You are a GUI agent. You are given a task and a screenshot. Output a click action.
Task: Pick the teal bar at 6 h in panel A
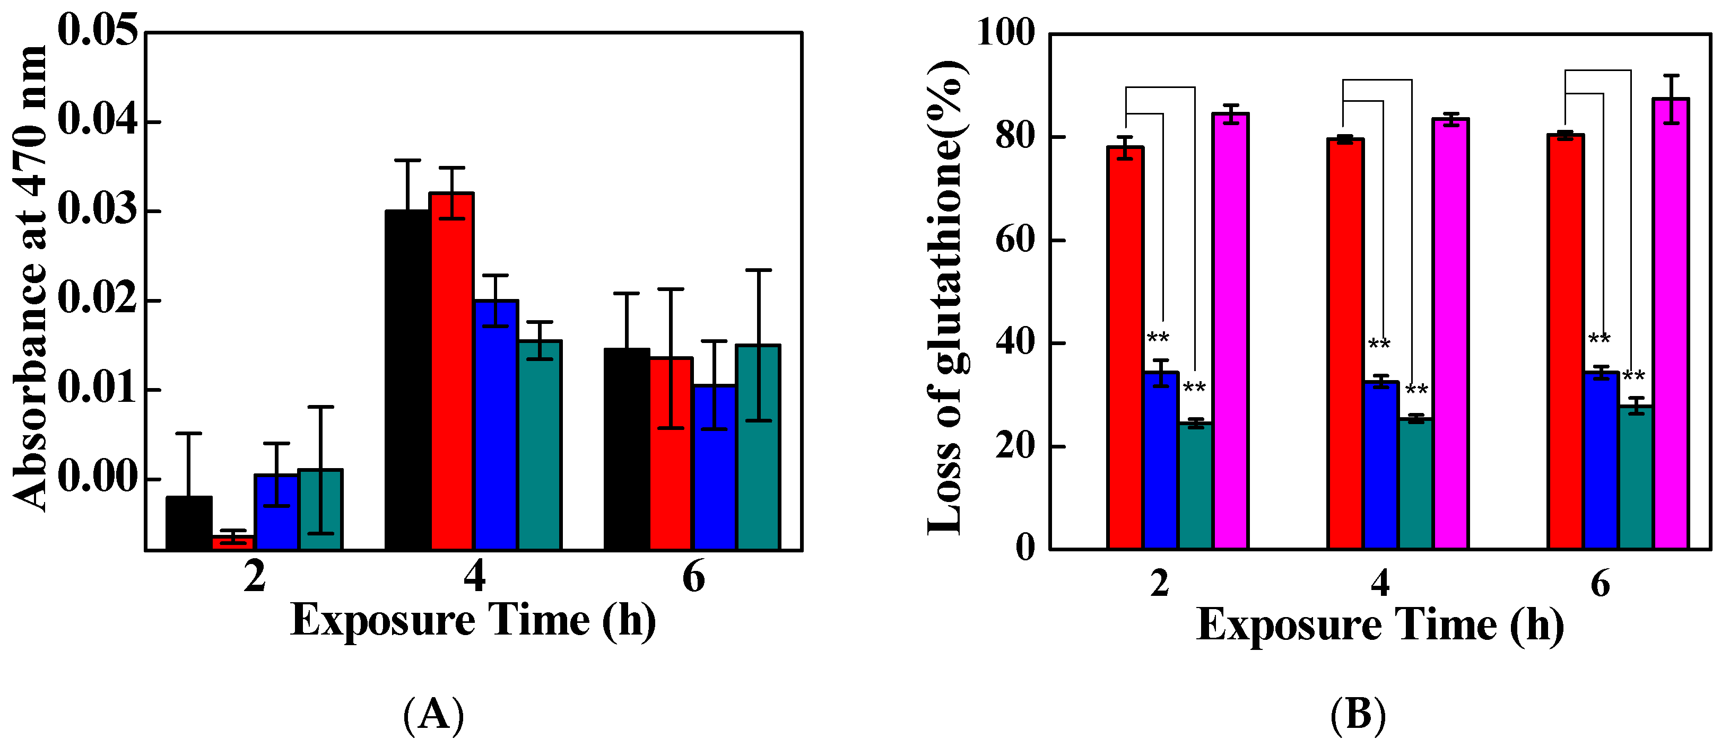coord(758,447)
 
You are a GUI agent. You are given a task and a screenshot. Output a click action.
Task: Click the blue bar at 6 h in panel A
coord(714,468)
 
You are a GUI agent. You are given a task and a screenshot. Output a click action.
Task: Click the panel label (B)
coord(1358,714)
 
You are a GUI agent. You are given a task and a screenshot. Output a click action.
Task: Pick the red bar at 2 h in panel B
coord(1125,347)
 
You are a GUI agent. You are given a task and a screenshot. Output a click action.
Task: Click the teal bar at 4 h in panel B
coord(1415,484)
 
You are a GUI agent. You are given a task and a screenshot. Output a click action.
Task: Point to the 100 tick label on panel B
coord(1005,31)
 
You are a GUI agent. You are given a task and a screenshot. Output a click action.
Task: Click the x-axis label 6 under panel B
coord(1600,584)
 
